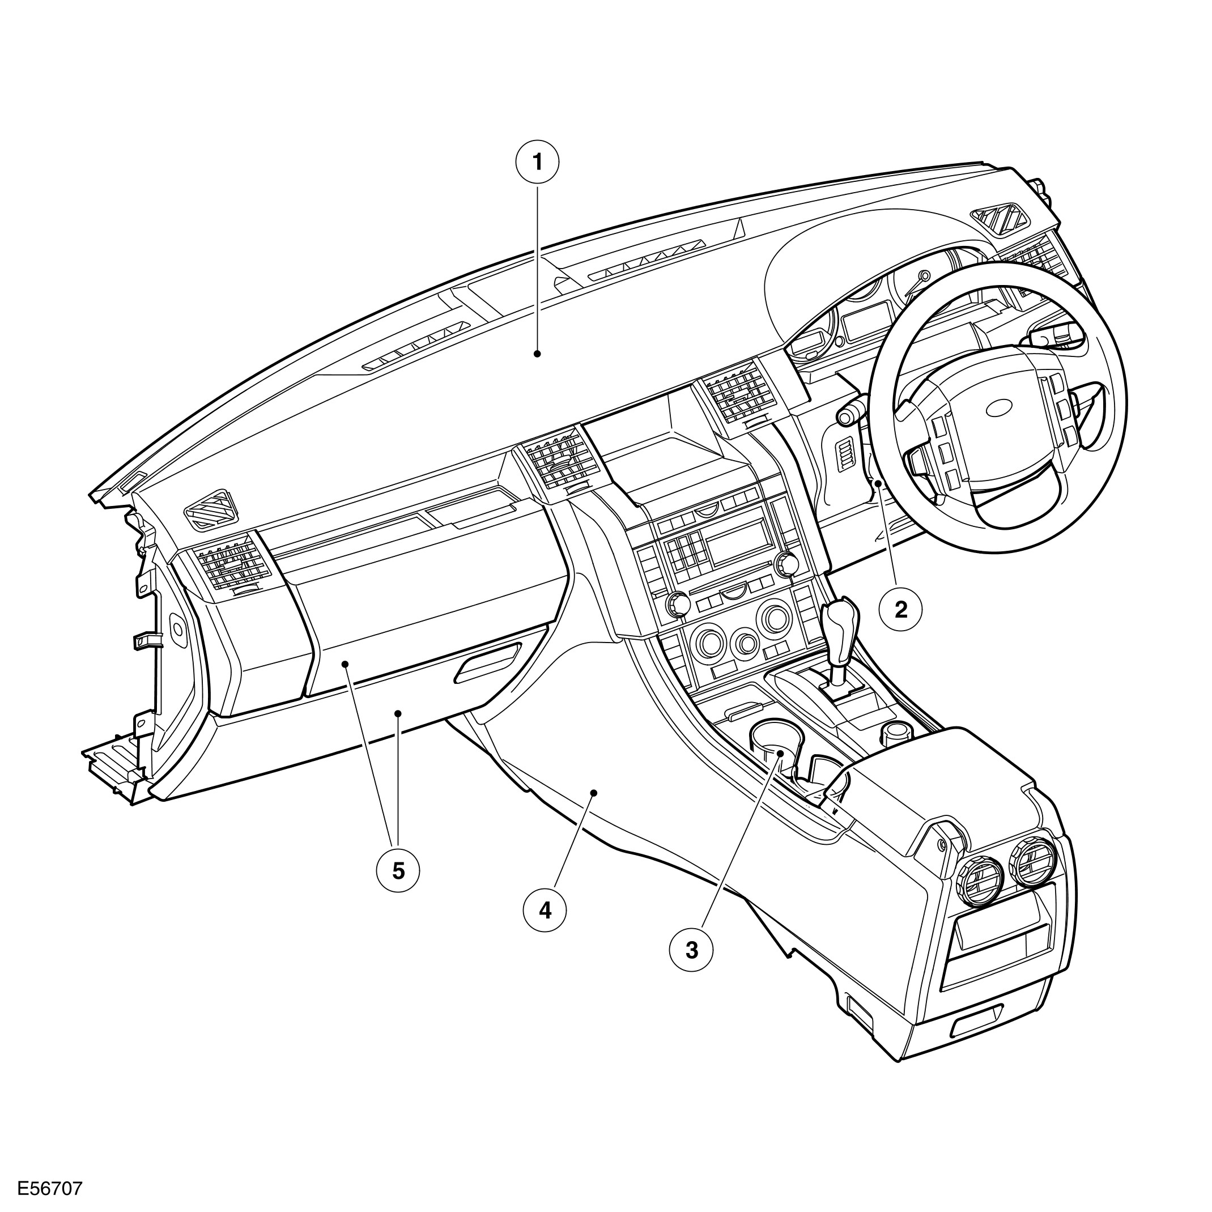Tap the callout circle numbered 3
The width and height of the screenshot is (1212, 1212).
point(691,951)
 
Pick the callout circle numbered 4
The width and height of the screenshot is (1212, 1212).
point(545,909)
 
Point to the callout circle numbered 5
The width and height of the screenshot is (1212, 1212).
point(398,871)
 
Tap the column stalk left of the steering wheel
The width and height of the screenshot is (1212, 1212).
point(851,414)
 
